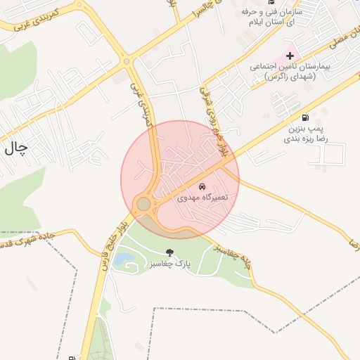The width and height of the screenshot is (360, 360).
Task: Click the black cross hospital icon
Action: tap(290, 55)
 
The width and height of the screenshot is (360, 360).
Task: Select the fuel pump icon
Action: tap(304, 118)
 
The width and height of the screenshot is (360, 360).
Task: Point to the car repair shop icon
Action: tap(202, 187)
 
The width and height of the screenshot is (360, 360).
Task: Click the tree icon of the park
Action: tap(169, 252)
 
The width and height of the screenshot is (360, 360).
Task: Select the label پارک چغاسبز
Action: tap(169, 264)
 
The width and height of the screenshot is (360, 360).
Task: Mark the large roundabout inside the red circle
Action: tap(143, 204)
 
